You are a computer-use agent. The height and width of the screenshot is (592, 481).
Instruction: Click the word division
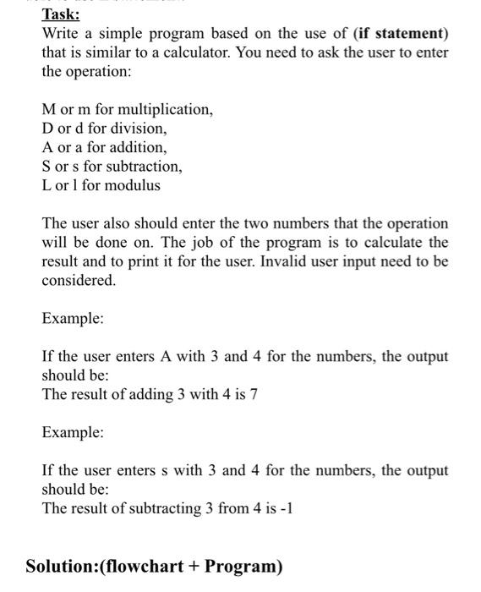click(x=134, y=129)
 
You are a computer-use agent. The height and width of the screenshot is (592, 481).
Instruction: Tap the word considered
click(x=79, y=280)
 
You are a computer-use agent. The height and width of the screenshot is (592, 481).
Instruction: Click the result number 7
click(x=253, y=395)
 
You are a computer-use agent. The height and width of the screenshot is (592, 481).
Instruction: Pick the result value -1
click(x=287, y=508)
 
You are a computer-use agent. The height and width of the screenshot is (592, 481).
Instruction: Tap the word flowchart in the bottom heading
click(x=146, y=566)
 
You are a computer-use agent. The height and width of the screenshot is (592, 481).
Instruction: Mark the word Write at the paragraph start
click(x=61, y=33)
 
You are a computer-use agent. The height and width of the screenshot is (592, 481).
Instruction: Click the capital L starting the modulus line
click(x=46, y=184)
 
